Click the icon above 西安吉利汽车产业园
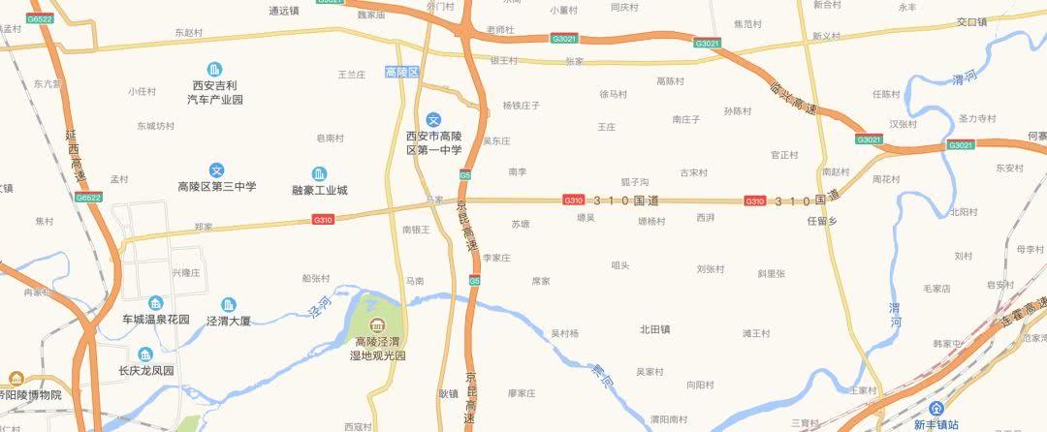tap(215, 69)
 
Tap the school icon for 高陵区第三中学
tap(217, 170)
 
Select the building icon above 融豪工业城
tap(319, 173)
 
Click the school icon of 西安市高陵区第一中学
tap(433, 118)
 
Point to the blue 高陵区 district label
tap(400, 73)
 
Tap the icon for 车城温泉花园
tap(156, 302)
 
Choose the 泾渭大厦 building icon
tap(229, 303)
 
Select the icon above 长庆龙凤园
tap(145, 354)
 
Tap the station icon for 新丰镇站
tap(936, 409)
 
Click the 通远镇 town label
tap(284, 11)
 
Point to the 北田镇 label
tap(654, 329)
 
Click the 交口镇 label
tap(970, 21)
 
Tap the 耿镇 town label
tap(448, 393)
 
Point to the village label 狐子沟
tap(635, 182)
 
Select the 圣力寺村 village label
tap(976, 118)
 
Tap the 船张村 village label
tap(316, 278)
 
